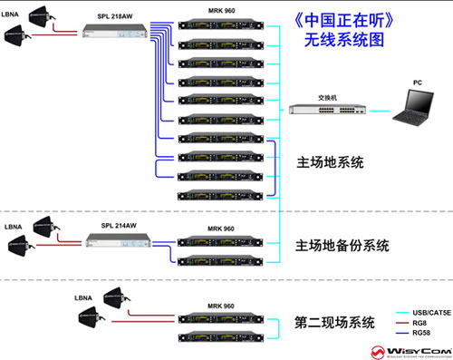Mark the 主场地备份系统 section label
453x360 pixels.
[342, 246]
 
